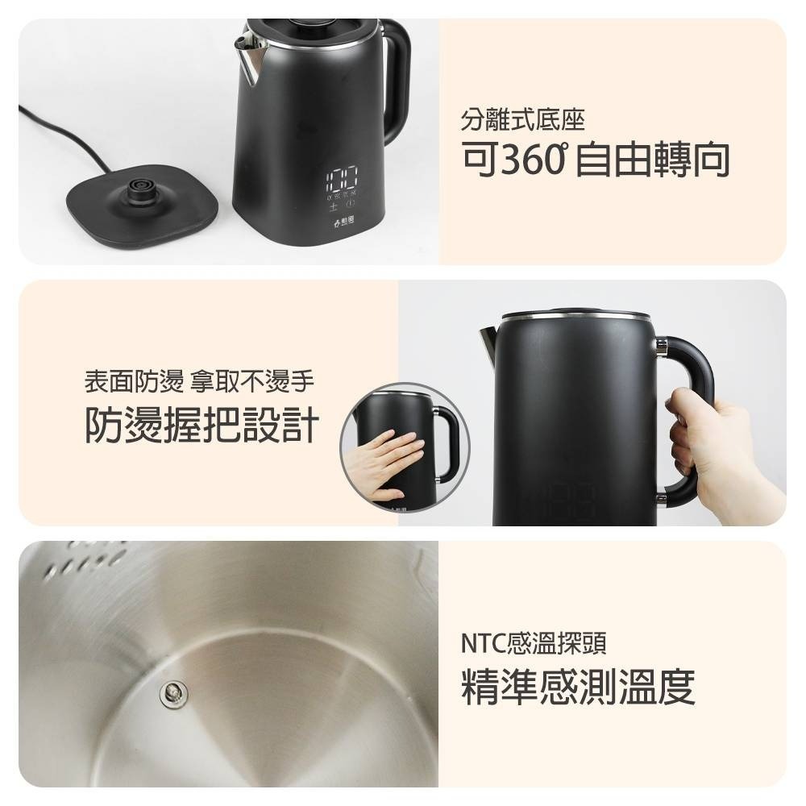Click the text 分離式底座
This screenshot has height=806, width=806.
coord(522,122)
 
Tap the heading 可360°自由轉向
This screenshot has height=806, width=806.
coord(596,160)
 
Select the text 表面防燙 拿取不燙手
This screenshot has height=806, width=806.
coord(199,380)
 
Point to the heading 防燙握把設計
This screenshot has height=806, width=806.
coord(202,425)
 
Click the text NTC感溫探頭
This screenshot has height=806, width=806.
coord(534,643)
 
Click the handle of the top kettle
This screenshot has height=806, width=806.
coord(396,81)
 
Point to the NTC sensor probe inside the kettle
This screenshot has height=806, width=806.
coord(171,690)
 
